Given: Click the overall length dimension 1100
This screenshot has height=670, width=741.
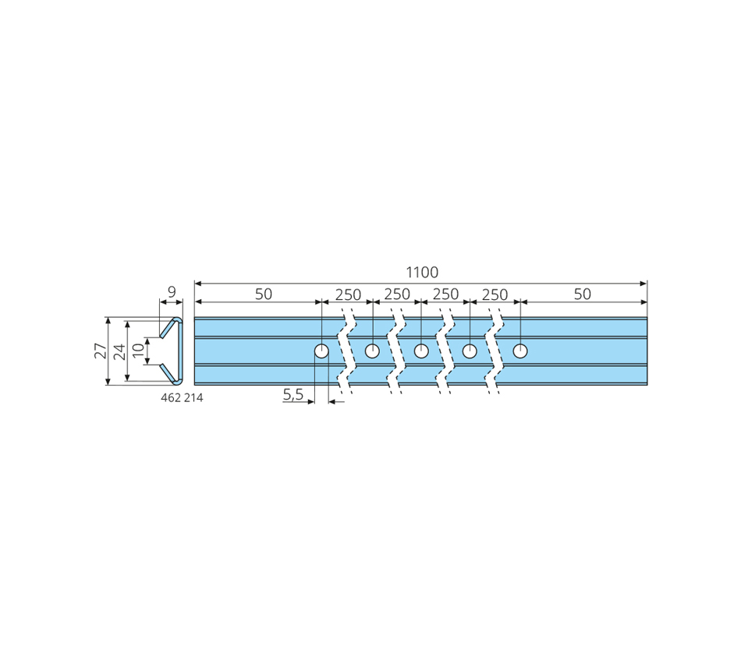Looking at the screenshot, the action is click(x=422, y=273).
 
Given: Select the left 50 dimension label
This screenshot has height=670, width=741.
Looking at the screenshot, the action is click(x=264, y=294).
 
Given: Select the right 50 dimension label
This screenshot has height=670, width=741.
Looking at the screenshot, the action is click(x=582, y=294).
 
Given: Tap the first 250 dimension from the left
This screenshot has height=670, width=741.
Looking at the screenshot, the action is click(x=349, y=294).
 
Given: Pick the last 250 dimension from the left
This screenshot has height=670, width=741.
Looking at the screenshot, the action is click(x=495, y=294).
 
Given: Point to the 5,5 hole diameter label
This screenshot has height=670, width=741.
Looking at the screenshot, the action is click(x=293, y=393).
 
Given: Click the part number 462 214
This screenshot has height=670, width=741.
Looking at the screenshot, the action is click(x=182, y=398).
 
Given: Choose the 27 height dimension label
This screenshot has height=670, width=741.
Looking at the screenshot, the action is click(x=101, y=351).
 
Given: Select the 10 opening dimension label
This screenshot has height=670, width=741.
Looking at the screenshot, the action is click(x=138, y=351).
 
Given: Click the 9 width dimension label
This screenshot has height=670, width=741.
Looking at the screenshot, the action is click(x=172, y=292).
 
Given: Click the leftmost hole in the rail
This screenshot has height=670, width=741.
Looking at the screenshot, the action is click(x=321, y=351).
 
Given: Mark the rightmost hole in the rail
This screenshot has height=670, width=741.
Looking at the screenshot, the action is click(x=520, y=351).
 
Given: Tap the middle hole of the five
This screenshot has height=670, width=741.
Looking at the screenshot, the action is click(x=421, y=351).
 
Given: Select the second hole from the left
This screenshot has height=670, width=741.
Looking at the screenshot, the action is click(x=372, y=351).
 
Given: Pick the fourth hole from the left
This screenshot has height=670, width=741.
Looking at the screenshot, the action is click(x=470, y=351).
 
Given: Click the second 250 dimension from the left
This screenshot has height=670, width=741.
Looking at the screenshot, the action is click(x=397, y=294).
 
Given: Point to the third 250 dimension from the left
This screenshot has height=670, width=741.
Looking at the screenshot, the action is click(x=445, y=294).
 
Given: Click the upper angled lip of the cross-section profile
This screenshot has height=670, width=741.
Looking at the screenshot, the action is click(x=168, y=328).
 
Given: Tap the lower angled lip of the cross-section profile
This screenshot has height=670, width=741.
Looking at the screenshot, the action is click(x=168, y=373).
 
